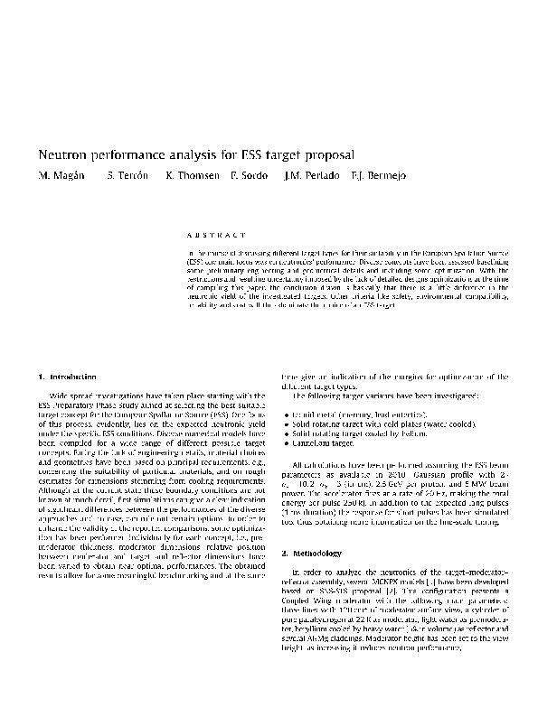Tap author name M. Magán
(59, 174)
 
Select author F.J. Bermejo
(373, 174)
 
